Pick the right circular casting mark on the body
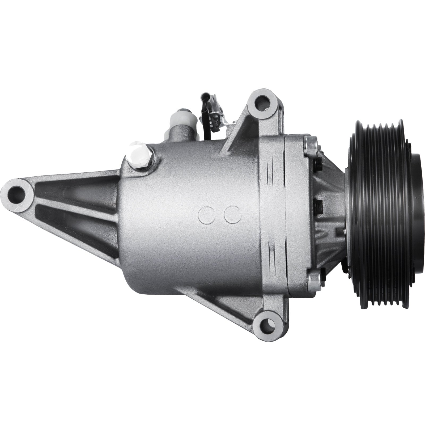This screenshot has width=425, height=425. (x=232, y=213)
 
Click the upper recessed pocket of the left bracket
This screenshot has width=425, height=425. (x=77, y=186)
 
